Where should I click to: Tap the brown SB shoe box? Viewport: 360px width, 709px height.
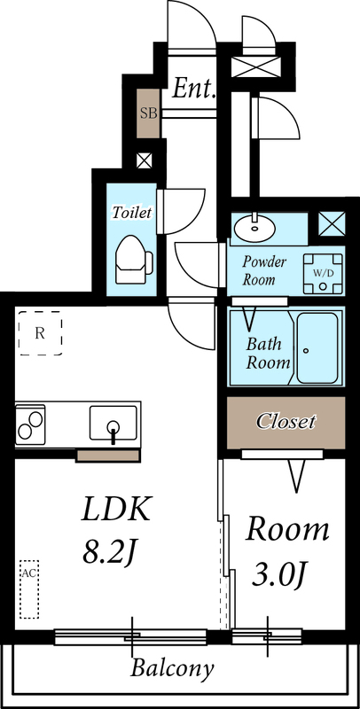click(148, 113)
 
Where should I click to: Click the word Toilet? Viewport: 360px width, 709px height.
click(131, 213)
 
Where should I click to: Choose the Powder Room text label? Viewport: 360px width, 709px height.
click(265, 270)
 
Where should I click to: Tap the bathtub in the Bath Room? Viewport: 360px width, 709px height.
click(317, 347)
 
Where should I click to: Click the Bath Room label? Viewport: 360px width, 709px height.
click(268, 353)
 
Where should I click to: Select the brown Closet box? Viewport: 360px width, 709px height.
click(286, 422)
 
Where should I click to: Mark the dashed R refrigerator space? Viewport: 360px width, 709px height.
click(41, 333)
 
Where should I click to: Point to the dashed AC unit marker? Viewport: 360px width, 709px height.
click(29, 588)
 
